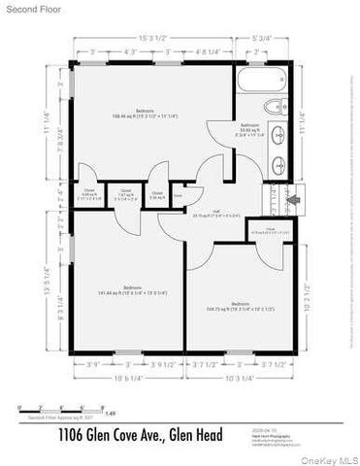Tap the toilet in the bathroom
click(x=273, y=106)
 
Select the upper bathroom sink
click(x=277, y=137)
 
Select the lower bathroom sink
click(x=277, y=165)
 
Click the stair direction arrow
click(x=297, y=202)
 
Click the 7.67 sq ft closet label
click(x=125, y=194)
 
